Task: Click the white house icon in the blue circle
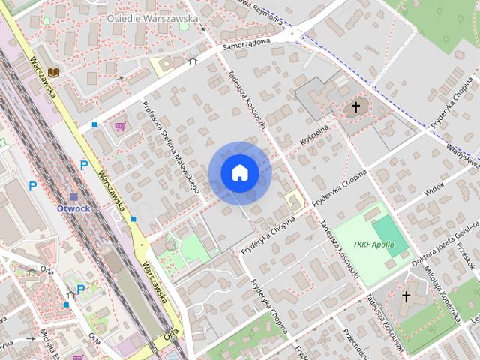(x=239, y=173)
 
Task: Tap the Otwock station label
(x=73, y=208)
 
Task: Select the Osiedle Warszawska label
(x=151, y=17)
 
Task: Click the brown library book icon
(x=53, y=72)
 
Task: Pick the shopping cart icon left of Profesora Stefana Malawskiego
(x=120, y=127)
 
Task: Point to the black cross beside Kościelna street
(x=356, y=108)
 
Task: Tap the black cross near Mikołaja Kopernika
(x=406, y=297)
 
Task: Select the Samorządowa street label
(x=245, y=46)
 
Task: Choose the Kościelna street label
(x=314, y=135)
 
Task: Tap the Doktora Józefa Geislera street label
(x=445, y=245)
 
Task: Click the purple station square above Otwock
(x=73, y=197)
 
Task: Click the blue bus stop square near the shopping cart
(x=94, y=124)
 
